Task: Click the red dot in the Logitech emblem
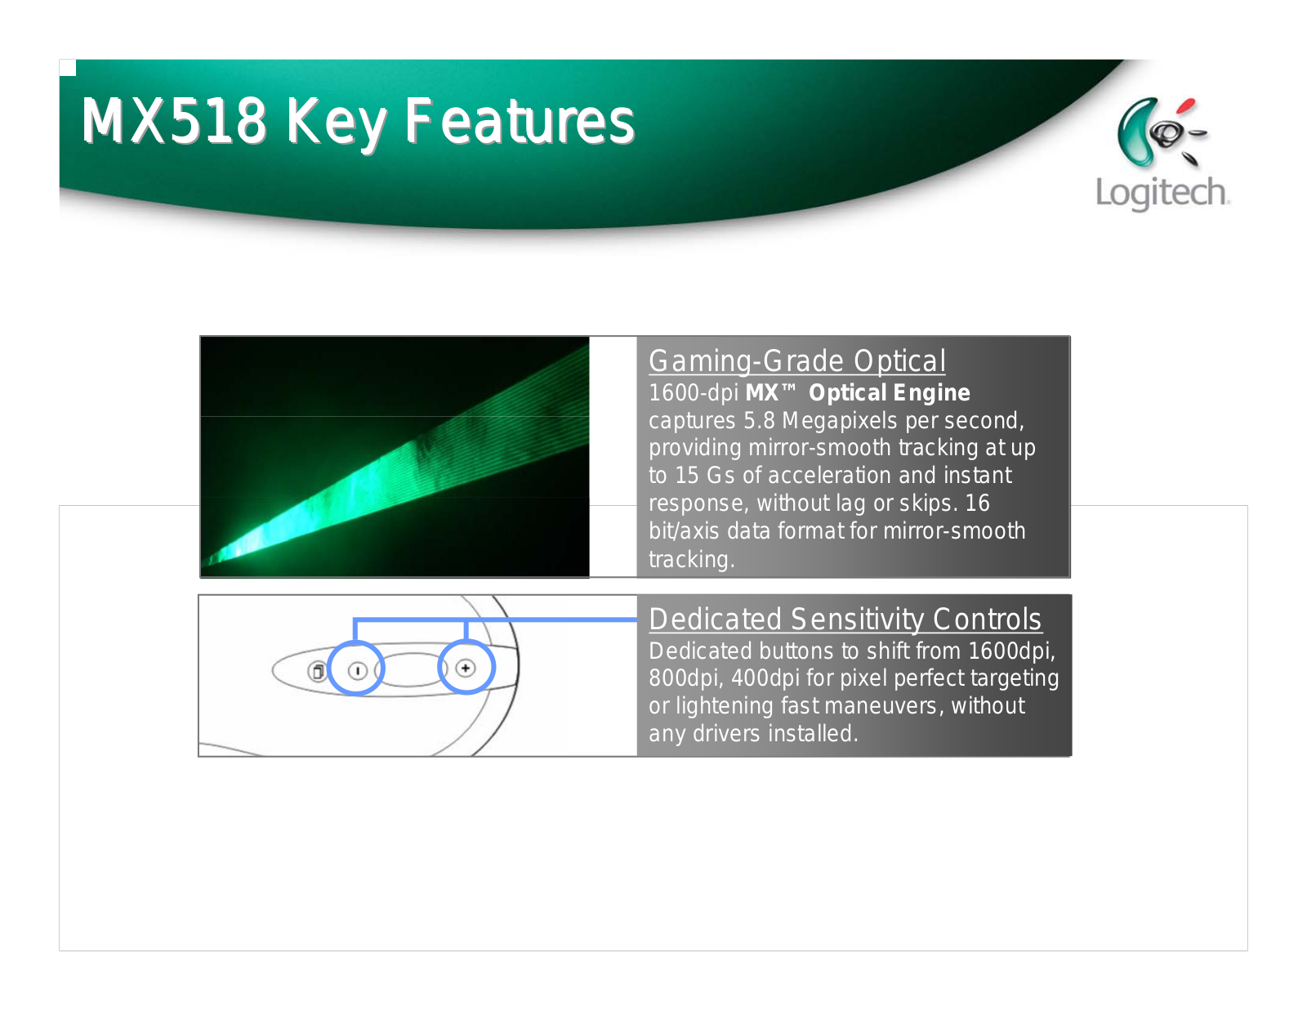(x=1185, y=106)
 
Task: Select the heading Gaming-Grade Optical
(x=797, y=361)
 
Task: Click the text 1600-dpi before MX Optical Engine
(x=693, y=393)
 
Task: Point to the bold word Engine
(x=931, y=394)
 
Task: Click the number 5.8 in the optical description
(x=759, y=421)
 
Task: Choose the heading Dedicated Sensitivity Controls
(x=845, y=620)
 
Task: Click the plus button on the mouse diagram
(x=465, y=668)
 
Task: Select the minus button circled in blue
(x=357, y=670)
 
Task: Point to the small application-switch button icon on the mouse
(x=317, y=670)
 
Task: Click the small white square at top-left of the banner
(x=67, y=67)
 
